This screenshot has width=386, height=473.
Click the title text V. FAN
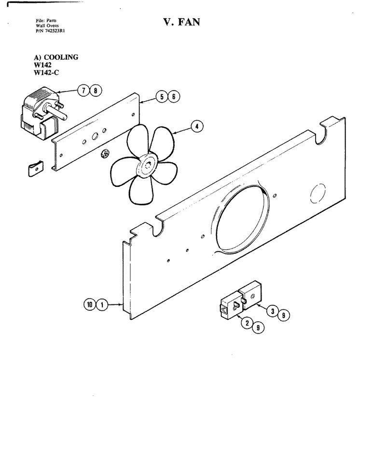point(182,22)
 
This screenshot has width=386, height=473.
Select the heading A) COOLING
point(56,57)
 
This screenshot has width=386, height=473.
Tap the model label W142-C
point(46,72)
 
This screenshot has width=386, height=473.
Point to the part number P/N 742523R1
point(51,30)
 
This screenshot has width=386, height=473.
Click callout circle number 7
point(84,90)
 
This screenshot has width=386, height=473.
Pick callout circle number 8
point(96,90)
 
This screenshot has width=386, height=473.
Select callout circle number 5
point(162,96)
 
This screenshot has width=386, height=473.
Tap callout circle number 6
point(174,96)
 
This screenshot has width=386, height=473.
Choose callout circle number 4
point(197,126)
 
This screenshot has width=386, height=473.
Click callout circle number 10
point(90,305)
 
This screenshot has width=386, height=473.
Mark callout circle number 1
point(102,305)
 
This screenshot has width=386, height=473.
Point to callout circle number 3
point(273,311)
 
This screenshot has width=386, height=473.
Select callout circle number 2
point(247,323)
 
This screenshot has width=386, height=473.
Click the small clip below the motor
point(35,169)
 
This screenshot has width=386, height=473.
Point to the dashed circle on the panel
point(318,193)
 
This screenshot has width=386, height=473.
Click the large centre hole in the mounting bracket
point(95,136)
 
